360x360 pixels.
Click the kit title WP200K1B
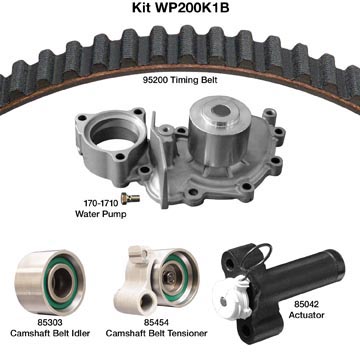tap(180, 8)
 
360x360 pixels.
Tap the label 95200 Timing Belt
tap(180, 80)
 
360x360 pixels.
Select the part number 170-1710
tap(101, 202)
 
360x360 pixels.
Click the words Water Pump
tap(101, 214)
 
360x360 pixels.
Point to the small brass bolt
tap(130, 198)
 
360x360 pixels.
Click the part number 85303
tap(50, 322)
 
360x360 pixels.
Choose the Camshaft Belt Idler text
tap(50, 333)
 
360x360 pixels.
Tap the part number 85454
tap(156, 322)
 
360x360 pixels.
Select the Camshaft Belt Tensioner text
tap(156, 333)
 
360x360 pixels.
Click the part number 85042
tap(306, 304)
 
